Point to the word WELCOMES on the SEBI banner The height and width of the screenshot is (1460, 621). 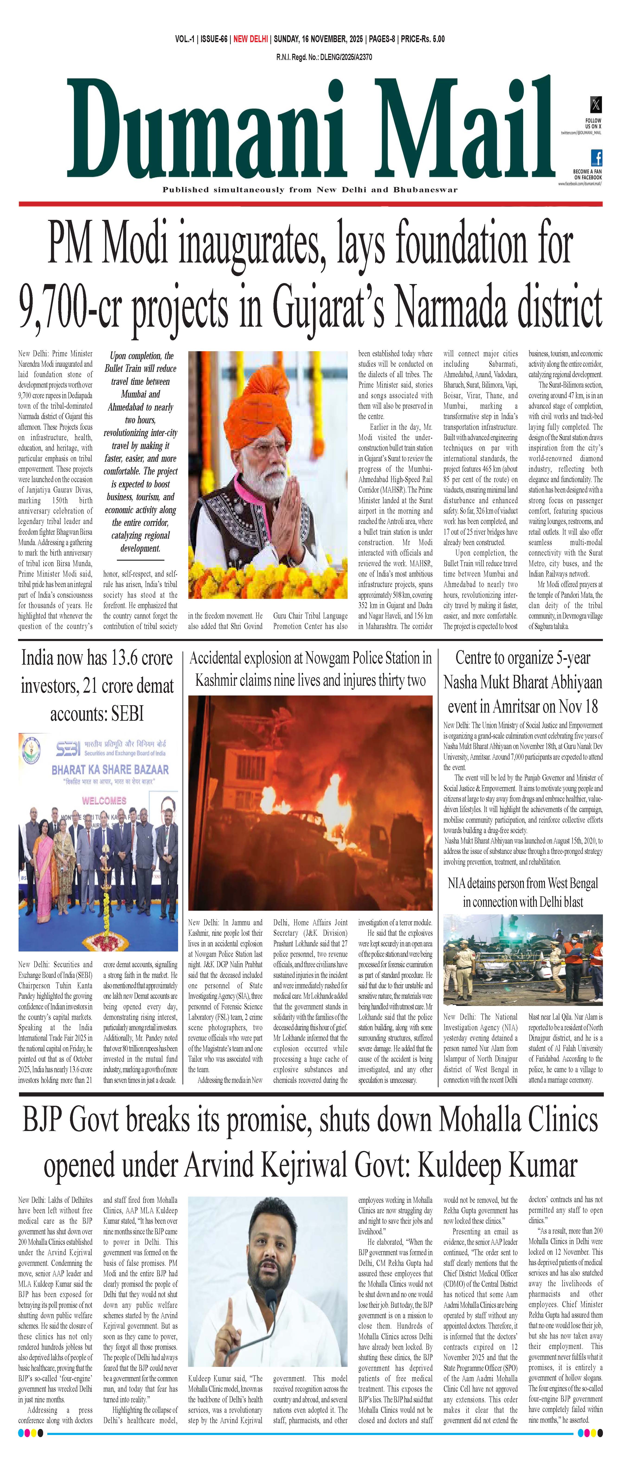[x=104, y=800]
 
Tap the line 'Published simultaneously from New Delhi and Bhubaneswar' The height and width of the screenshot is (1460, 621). [x=310, y=190]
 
